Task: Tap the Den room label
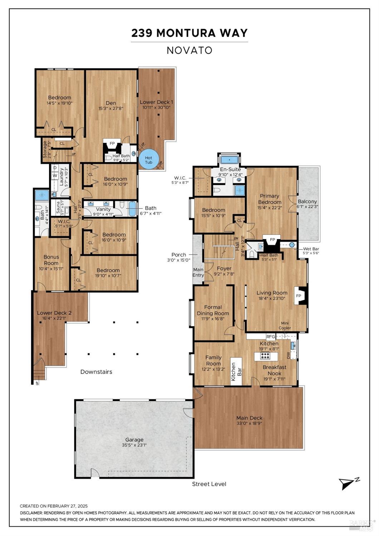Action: click(111, 103)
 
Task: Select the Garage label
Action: click(134, 440)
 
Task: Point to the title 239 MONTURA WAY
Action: click(189, 33)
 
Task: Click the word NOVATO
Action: click(189, 50)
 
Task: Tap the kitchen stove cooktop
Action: click(265, 356)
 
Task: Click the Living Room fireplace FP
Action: click(299, 296)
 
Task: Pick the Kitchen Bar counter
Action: click(236, 371)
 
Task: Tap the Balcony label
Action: click(307, 201)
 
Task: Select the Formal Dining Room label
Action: click(213, 310)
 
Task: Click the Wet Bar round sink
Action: click(292, 245)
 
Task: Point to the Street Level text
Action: click(209, 484)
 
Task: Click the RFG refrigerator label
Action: click(271, 336)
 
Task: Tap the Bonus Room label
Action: click(51, 260)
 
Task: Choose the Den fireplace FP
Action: click(112, 144)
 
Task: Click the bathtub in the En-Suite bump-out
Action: click(228, 160)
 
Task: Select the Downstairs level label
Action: click(96, 372)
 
